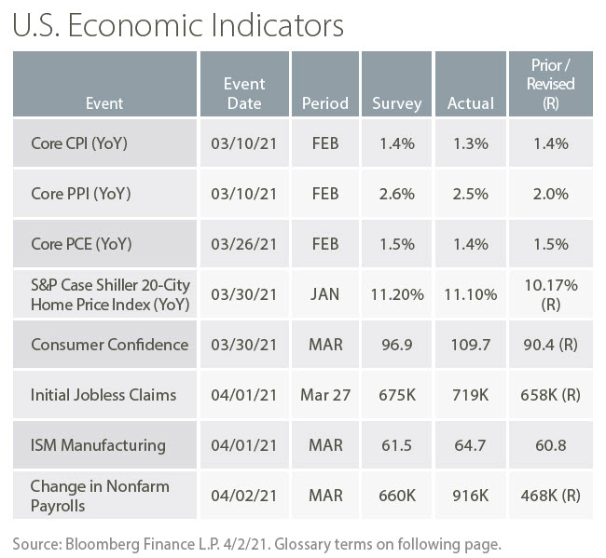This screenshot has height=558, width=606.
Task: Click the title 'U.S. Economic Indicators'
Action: [178, 24]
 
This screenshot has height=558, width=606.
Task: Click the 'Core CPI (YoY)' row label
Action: [80, 143]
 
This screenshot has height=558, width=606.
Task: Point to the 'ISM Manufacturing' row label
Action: [98, 444]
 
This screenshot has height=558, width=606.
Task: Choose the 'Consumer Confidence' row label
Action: [109, 344]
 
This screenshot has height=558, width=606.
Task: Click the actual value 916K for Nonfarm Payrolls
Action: [470, 495]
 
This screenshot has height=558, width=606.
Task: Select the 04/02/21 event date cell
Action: [244, 495]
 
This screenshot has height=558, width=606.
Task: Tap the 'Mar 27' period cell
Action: [325, 394]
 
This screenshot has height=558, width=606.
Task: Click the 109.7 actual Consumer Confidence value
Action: [470, 344]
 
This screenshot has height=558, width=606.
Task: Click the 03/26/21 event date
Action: [244, 244]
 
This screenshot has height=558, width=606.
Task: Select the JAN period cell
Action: [325, 294]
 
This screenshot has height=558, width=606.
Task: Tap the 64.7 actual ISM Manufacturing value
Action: [470, 444]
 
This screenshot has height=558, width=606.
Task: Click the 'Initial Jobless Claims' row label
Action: [103, 394]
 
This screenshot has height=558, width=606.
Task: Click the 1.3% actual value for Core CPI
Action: [470, 143]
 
